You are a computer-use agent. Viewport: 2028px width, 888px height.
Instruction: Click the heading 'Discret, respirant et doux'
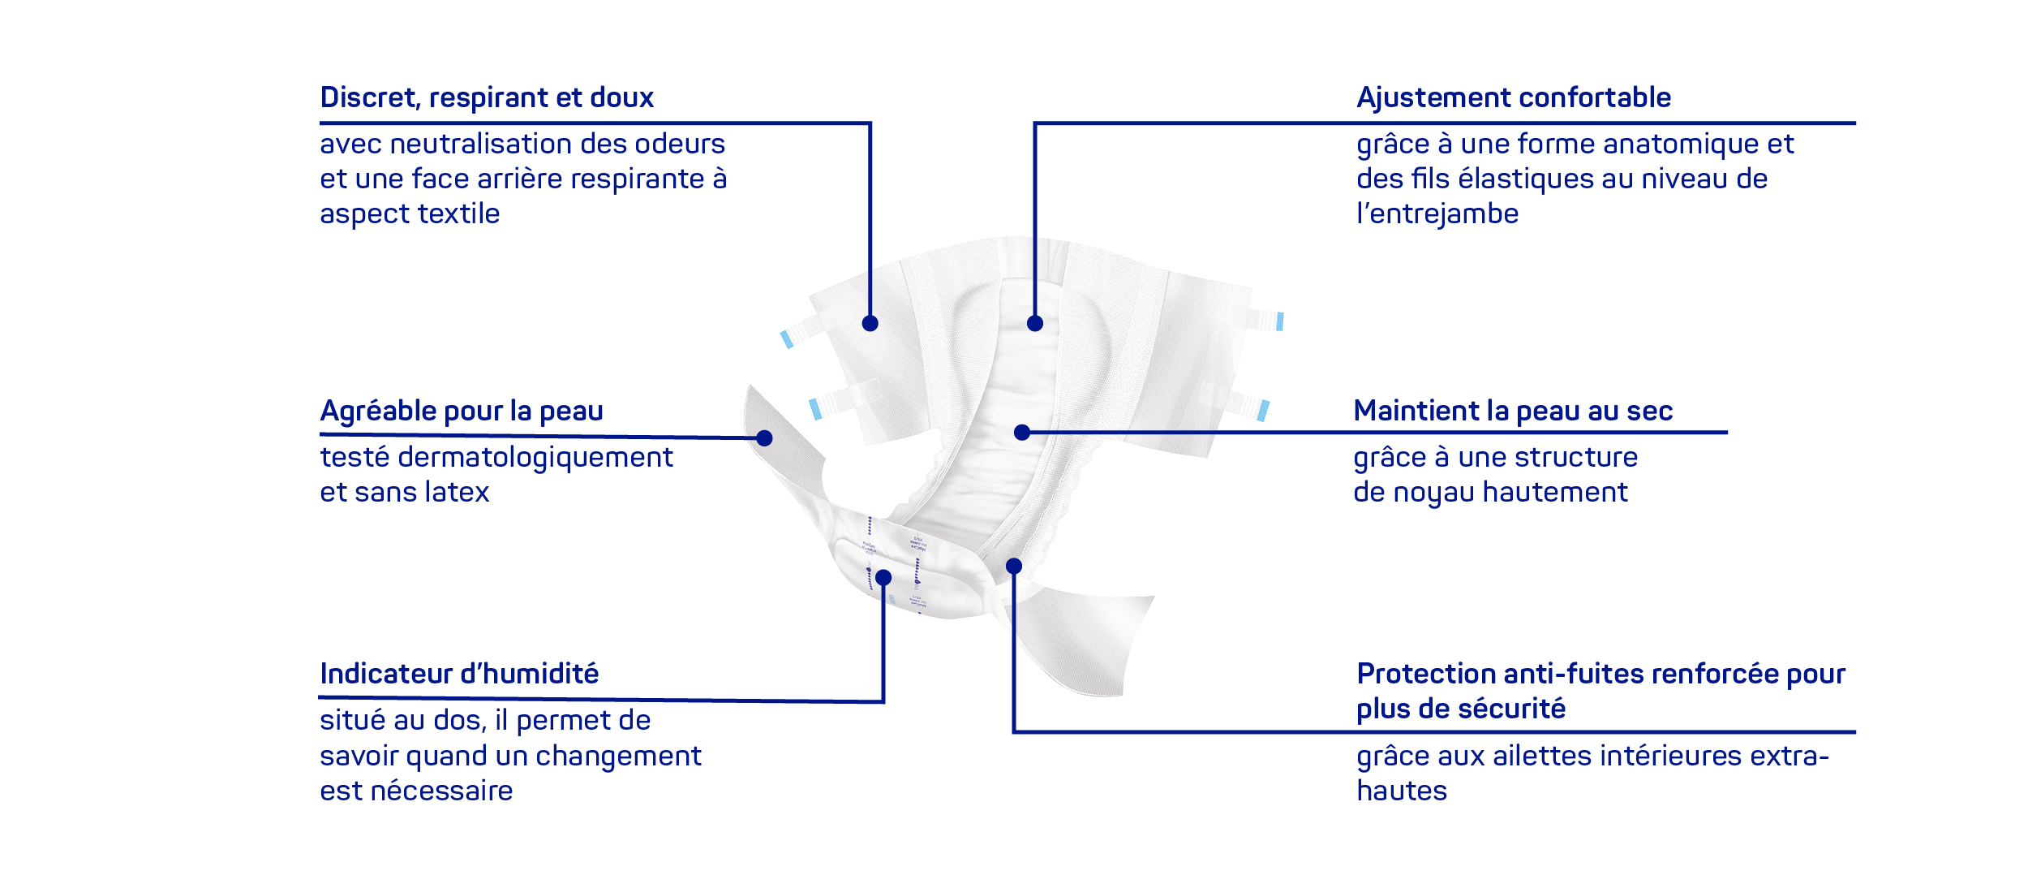click(487, 98)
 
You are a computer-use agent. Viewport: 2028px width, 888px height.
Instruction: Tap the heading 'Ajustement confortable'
click(1514, 98)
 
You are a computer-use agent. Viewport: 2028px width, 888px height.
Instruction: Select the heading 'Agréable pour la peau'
click(462, 412)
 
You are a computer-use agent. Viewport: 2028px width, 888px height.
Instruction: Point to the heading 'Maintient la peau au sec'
click(1513, 411)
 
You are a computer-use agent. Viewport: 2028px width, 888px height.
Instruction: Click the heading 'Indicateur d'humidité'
click(459, 674)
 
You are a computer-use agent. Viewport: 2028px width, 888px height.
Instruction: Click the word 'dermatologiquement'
click(535, 458)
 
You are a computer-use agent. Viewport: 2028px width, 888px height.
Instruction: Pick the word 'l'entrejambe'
click(1437, 213)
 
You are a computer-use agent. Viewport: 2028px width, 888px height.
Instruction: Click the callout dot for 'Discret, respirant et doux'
click(870, 324)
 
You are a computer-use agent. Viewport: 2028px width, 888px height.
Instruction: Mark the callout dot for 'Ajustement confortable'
click(1035, 324)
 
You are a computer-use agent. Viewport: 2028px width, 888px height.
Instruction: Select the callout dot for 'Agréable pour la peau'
click(764, 438)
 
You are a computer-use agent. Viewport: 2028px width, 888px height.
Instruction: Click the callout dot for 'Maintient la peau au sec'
click(1022, 433)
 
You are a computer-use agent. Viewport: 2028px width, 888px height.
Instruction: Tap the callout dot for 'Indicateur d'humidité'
click(883, 578)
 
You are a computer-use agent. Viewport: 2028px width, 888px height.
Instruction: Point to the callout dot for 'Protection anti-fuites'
click(1014, 567)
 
